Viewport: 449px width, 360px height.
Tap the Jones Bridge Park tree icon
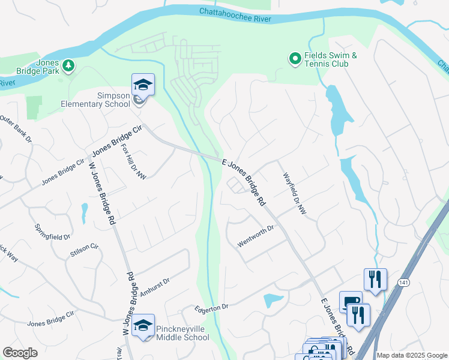[x=69, y=65]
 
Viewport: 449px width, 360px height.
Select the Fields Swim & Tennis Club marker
[x=295, y=59]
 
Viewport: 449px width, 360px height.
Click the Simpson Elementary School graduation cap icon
[x=143, y=84]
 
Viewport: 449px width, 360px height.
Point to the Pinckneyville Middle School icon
[x=143, y=325]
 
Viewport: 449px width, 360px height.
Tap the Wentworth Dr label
[x=256, y=229]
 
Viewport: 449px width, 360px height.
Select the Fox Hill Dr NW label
[x=133, y=160]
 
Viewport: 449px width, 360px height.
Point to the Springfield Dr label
[x=53, y=230]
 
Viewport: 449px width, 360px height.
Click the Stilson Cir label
[x=83, y=250]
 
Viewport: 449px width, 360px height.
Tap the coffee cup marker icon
[x=350, y=302]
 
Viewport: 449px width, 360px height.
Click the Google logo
[x=20, y=353]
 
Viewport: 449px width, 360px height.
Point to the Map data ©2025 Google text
[x=412, y=355]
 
